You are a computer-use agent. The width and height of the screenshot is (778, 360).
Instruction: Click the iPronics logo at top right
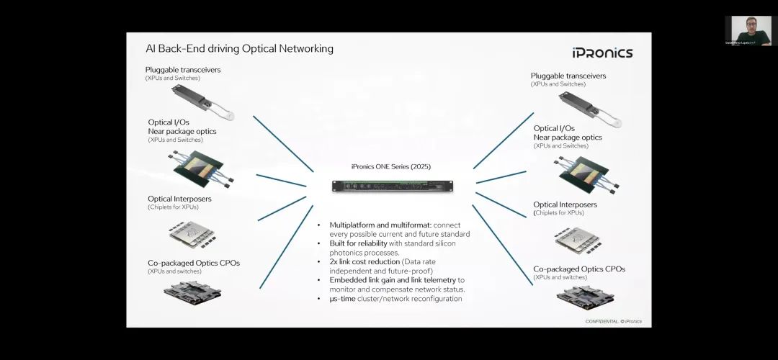click(x=602, y=53)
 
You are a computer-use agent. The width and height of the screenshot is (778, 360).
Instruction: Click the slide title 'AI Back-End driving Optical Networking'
click(x=239, y=49)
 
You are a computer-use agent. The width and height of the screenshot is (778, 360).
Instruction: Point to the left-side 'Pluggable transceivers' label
click(x=183, y=70)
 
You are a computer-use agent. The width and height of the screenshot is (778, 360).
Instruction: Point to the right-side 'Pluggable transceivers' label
click(x=568, y=76)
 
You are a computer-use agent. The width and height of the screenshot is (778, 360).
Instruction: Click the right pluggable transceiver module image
click(x=589, y=106)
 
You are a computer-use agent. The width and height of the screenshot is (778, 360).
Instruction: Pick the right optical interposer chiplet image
click(x=576, y=241)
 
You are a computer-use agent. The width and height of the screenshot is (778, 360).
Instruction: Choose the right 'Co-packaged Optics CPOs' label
click(x=579, y=269)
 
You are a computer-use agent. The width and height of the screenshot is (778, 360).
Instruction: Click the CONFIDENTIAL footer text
click(x=613, y=321)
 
